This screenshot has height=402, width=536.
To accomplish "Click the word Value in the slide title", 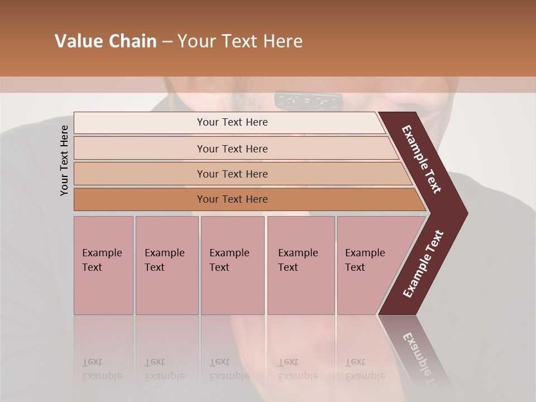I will click(x=78, y=42).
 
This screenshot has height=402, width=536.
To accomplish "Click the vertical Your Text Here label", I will click(x=65, y=160).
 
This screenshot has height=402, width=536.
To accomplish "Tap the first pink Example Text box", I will click(x=103, y=265).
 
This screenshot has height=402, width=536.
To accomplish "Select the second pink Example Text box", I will click(x=166, y=265).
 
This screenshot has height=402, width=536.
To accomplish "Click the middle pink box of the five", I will click(x=232, y=265).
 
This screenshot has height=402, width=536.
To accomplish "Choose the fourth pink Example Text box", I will click(x=300, y=265).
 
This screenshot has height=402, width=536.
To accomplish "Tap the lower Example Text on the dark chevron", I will click(x=423, y=264).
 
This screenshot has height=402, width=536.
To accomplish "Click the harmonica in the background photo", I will click(x=308, y=101).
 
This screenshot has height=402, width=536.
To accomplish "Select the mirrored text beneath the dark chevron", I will click(x=419, y=352).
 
